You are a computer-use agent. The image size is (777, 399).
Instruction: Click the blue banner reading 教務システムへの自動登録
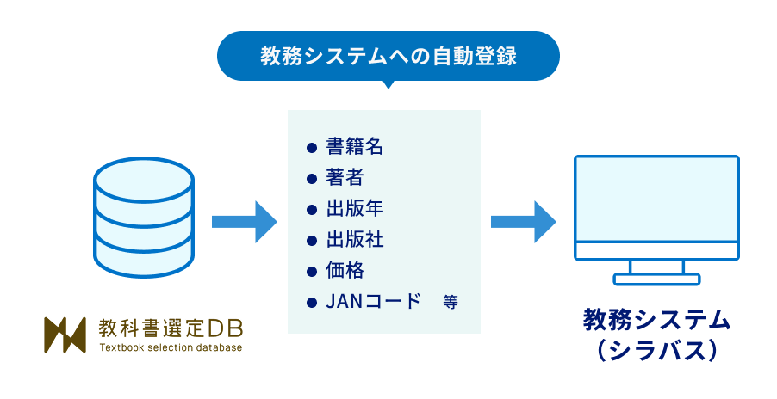tap(388, 57)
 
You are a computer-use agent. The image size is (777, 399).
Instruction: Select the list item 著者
tap(345, 177)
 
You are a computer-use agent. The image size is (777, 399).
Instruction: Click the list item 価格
tap(345, 270)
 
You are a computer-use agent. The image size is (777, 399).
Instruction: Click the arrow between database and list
tap(244, 222)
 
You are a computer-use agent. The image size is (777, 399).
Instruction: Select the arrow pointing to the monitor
tap(523, 222)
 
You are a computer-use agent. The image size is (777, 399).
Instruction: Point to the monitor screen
tap(656, 200)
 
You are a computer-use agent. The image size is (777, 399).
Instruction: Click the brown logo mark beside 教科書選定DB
tap(65, 335)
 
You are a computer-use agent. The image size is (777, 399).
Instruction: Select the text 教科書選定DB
tap(171, 328)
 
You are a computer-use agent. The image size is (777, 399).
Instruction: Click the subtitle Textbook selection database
tap(171, 347)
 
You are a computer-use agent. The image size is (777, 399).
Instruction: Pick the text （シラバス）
tap(656, 351)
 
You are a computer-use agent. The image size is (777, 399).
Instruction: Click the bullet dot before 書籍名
tap(312, 147)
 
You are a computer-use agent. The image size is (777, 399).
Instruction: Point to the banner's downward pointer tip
tap(388, 86)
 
